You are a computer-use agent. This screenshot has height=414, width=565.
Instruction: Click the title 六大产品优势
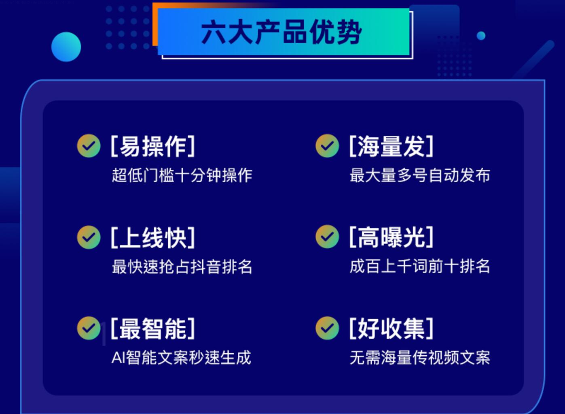tap(281, 32)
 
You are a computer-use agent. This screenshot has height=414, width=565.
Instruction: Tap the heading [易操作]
tap(153, 146)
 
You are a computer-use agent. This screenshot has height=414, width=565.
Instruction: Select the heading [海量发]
tap(391, 146)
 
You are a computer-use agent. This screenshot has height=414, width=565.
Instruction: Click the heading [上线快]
tap(153, 237)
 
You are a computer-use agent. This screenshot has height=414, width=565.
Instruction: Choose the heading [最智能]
tap(153, 328)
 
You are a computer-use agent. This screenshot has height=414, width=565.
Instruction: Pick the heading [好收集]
tap(391, 328)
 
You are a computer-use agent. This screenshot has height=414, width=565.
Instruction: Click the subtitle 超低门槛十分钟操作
tap(182, 175)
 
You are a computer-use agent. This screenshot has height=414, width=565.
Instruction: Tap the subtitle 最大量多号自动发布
tap(420, 175)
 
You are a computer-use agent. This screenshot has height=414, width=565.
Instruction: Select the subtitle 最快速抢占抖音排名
tap(182, 267)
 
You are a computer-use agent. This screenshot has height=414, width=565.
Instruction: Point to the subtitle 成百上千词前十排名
tap(420, 266)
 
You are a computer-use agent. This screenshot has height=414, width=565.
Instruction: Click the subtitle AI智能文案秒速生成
tap(181, 357)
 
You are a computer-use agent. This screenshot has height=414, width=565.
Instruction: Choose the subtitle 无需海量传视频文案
tap(420, 357)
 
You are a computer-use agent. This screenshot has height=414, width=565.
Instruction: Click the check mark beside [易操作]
tap(89, 146)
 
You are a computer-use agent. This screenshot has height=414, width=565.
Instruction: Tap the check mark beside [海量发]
tap(327, 146)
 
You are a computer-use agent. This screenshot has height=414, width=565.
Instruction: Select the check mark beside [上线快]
tap(89, 237)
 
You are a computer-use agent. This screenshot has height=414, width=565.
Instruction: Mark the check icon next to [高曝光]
tap(327, 237)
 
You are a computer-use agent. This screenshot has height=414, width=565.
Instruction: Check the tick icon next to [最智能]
tap(89, 328)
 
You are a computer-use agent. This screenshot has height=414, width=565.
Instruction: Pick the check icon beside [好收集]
tap(327, 328)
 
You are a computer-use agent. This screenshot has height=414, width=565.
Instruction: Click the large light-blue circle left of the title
tap(66, 47)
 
